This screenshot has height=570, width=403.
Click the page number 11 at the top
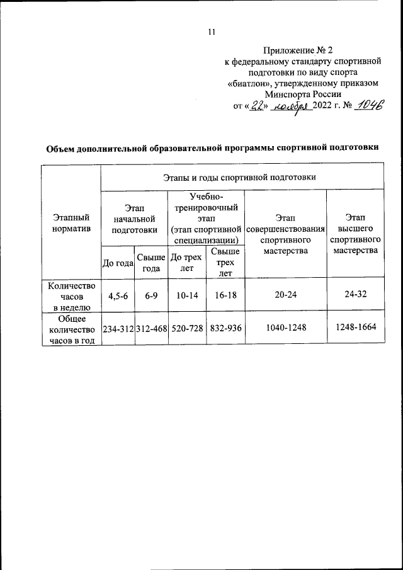click(212, 33)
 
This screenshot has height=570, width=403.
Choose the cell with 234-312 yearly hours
click(118, 329)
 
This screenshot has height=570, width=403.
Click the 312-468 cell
click(151, 329)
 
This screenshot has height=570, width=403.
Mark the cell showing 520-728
click(187, 329)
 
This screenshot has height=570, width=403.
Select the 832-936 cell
click(225, 329)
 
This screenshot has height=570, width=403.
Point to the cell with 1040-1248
click(286, 329)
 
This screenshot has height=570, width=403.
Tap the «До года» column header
click(118, 263)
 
